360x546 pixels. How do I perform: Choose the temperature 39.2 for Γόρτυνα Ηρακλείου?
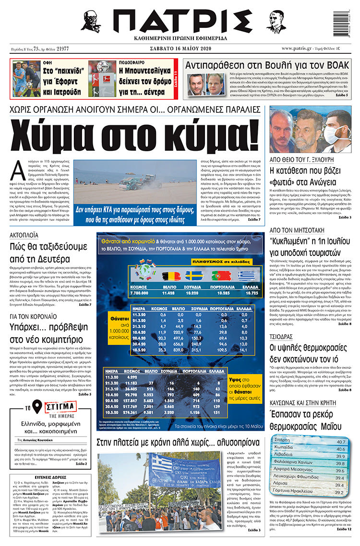tap(340, 492)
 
